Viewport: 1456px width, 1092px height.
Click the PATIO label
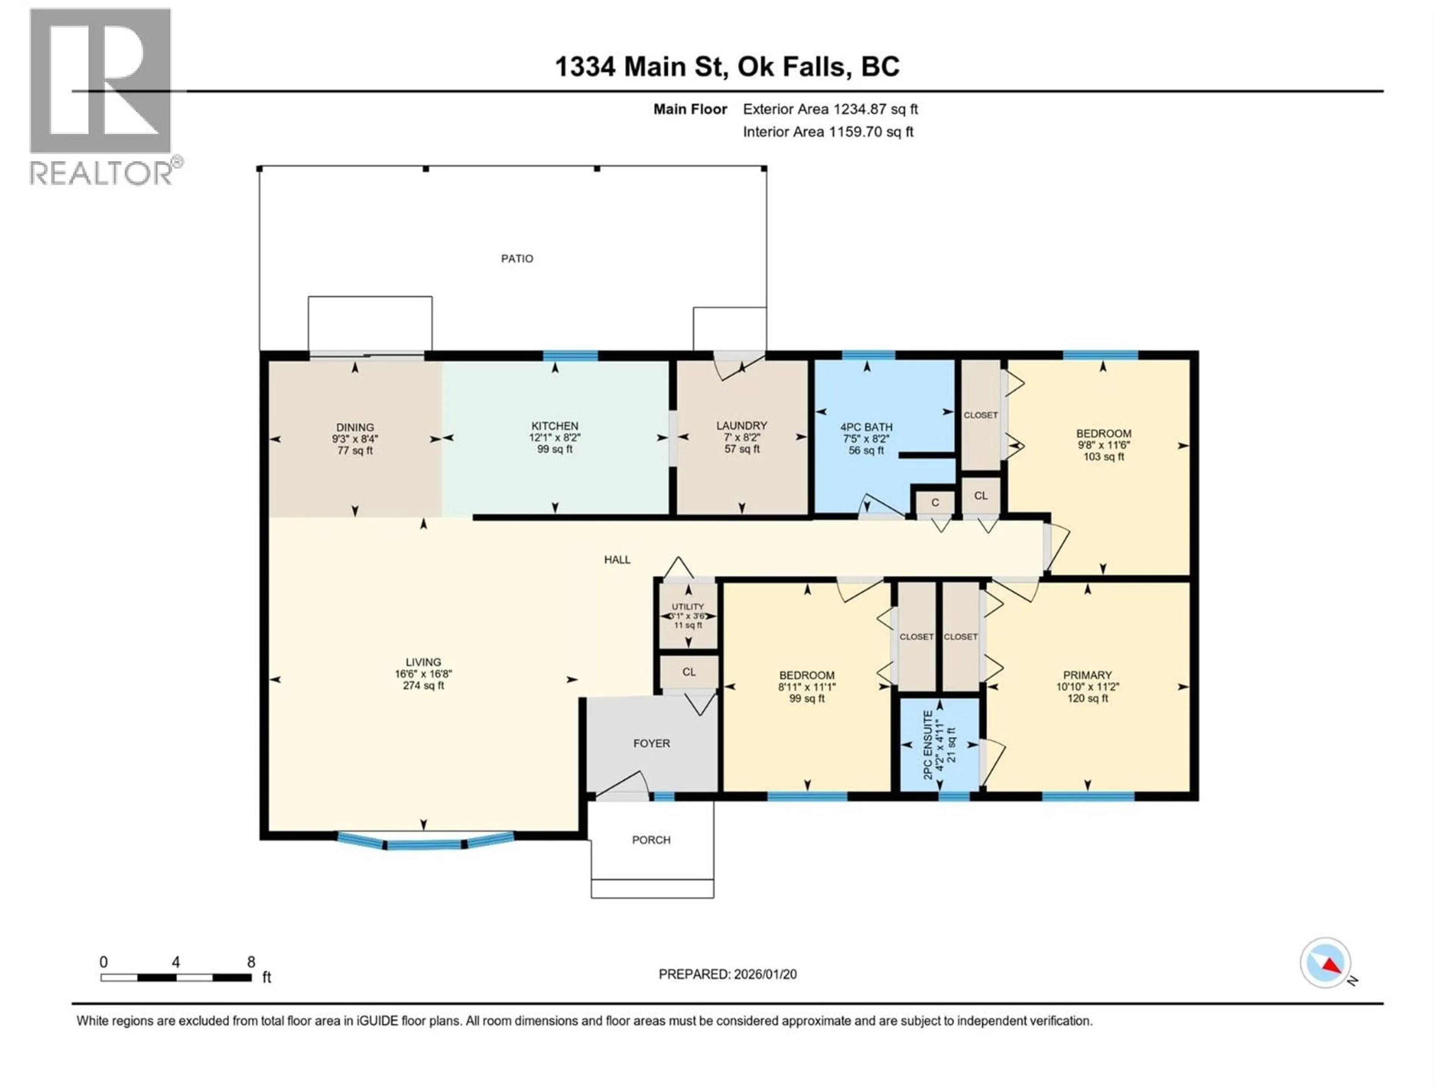(517, 259)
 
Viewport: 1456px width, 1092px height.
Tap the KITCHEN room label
(554, 426)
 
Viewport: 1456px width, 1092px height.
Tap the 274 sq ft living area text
(423, 685)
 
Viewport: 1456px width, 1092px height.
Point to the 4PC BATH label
(866, 427)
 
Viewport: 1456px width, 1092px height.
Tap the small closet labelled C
(935, 503)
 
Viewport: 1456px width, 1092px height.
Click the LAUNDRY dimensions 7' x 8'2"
(742, 437)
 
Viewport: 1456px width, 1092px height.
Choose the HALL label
(617, 560)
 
